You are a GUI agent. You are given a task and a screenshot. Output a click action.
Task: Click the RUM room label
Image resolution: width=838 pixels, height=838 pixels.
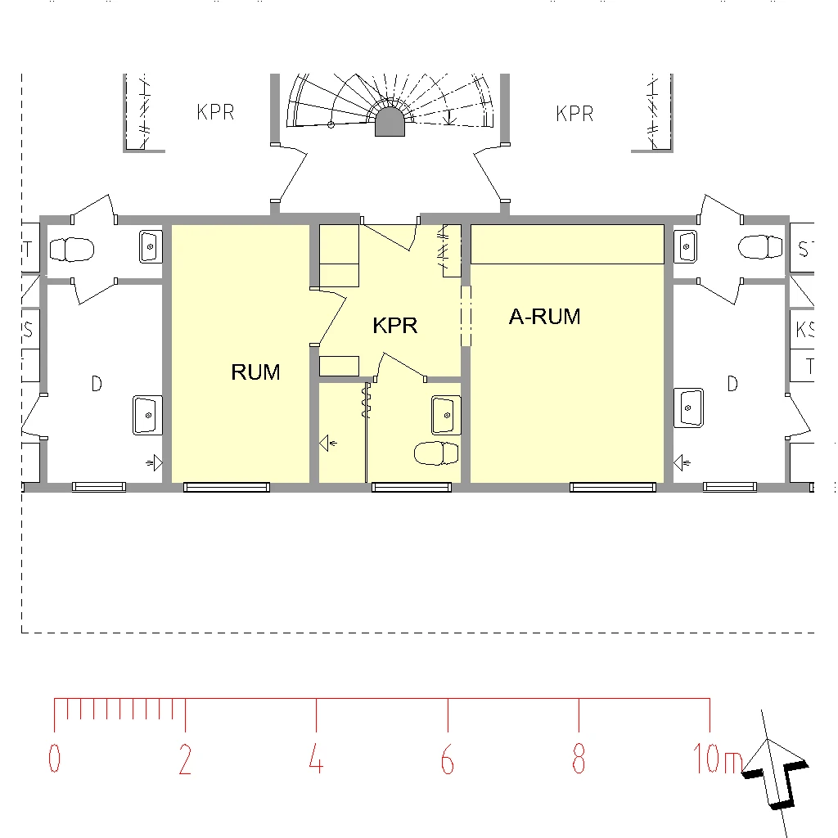255,372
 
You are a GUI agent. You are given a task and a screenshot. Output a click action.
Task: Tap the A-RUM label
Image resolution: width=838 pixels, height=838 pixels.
544,317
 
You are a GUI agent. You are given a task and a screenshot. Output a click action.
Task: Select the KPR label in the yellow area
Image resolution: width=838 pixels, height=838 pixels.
395,326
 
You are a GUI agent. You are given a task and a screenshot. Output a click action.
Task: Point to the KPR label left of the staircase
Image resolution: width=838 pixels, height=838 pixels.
215,112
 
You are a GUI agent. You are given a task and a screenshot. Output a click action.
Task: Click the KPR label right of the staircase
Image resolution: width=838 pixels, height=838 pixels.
574,113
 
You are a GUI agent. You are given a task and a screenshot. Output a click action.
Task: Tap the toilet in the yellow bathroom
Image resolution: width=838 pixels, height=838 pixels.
436,453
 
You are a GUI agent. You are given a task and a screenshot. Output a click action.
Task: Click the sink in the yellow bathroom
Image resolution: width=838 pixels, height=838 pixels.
446,415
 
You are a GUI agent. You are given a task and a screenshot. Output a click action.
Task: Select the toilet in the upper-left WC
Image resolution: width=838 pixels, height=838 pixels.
72,250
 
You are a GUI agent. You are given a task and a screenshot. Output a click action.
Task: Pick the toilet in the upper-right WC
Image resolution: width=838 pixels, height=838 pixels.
760,247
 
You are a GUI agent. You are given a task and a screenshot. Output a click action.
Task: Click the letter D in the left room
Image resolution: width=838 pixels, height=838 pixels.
97,384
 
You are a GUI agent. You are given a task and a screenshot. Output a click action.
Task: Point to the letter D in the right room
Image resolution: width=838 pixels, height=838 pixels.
732,383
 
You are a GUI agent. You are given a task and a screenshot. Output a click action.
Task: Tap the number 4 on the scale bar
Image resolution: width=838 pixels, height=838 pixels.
316,759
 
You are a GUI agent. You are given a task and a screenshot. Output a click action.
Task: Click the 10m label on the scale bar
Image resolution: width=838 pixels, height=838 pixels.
718,759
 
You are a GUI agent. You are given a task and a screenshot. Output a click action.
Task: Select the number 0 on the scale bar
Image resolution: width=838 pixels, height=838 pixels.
55,759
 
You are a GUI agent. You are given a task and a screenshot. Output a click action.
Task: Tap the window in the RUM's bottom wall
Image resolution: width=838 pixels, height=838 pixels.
227,487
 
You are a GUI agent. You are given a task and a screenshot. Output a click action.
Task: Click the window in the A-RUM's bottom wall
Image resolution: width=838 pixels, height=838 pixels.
612,487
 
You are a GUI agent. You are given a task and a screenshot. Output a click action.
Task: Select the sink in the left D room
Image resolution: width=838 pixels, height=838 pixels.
147,415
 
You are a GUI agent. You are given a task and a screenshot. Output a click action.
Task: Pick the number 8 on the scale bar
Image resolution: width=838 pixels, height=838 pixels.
579,759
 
